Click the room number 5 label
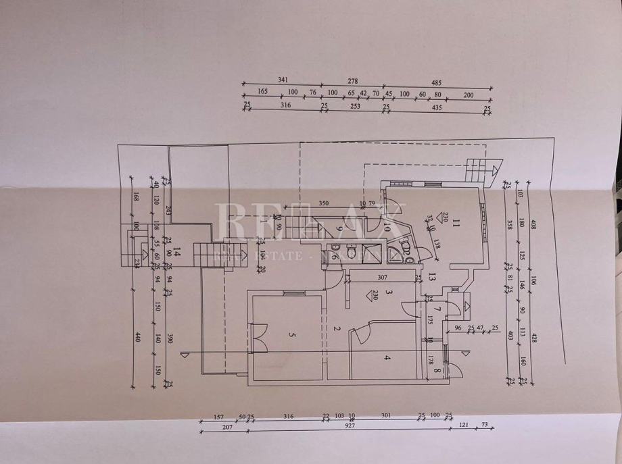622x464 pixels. (292, 334)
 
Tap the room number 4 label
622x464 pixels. (387, 357)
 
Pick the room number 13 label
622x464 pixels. (431, 275)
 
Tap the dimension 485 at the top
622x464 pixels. (437, 81)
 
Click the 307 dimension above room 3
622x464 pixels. (382, 277)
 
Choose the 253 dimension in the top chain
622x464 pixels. (355, 106)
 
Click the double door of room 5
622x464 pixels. (258, 338)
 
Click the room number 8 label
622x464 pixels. (437, 370)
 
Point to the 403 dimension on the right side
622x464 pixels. (510, 335)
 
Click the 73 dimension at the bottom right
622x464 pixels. (484, 424)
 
